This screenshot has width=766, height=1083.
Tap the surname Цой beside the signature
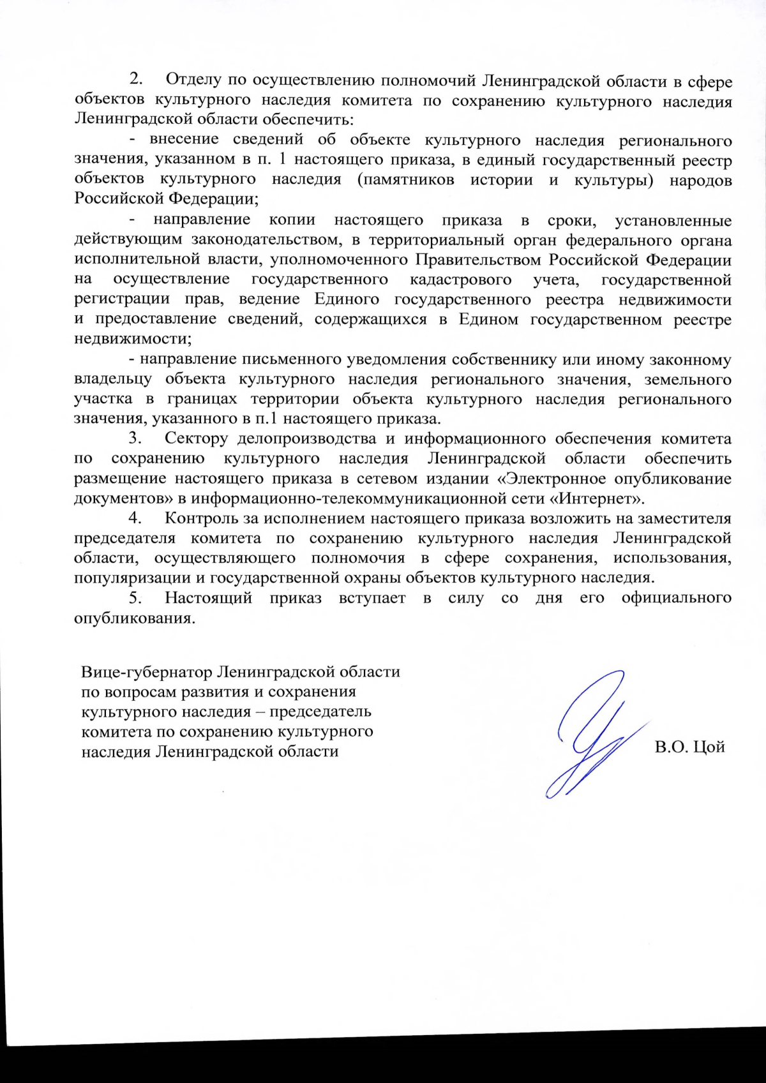click(x=709, y=747)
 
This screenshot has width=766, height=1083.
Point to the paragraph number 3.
click(x=135, y=438)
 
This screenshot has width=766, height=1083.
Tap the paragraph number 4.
click(x=135, y=518)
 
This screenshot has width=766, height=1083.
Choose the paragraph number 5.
click(x=135, y=598)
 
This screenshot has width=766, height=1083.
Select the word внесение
click(x=184, y=140)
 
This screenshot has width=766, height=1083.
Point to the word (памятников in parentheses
click(x=406, y=180)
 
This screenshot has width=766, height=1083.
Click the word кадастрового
click(x=460, y=280)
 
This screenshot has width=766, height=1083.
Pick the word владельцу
click(x=113, y=379)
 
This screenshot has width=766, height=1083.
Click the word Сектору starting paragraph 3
click(x=196, y=438)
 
